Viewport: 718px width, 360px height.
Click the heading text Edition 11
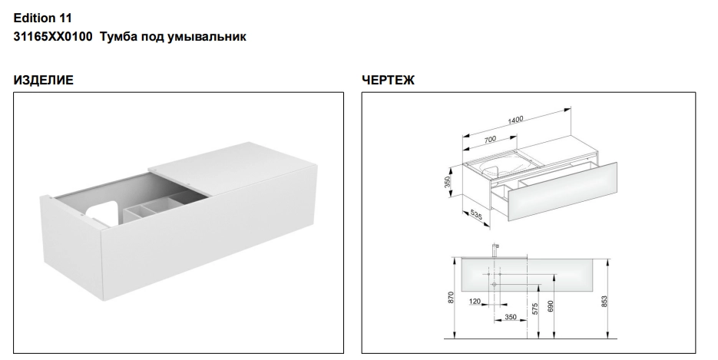pos(42,18)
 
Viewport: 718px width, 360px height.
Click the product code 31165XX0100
pos(53,37)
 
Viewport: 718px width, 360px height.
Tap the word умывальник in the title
pos(207,37)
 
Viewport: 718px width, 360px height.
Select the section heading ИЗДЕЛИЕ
pos(44,80)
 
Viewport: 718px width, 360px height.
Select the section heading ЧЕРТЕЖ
pos(388,80)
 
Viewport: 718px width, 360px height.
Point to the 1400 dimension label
pos(515,120)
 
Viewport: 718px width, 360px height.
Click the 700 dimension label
pos(490,140)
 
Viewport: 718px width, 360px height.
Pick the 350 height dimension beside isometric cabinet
pos(448,182)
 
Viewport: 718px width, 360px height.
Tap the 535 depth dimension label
pos(476,214)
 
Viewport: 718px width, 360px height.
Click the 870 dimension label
pos(451,298)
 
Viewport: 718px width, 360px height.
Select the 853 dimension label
pos(604,302)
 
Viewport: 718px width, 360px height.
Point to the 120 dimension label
pos(475,302)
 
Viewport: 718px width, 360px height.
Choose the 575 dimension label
pos(534,308)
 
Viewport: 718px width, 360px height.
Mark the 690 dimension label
pos(551,306)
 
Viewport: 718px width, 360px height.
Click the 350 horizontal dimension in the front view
pos(510,317)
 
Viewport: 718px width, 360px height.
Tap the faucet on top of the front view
pos(495,250)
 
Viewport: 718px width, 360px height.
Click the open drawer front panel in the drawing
pos(562,192)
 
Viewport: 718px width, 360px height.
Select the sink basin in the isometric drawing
pos(499,166)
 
